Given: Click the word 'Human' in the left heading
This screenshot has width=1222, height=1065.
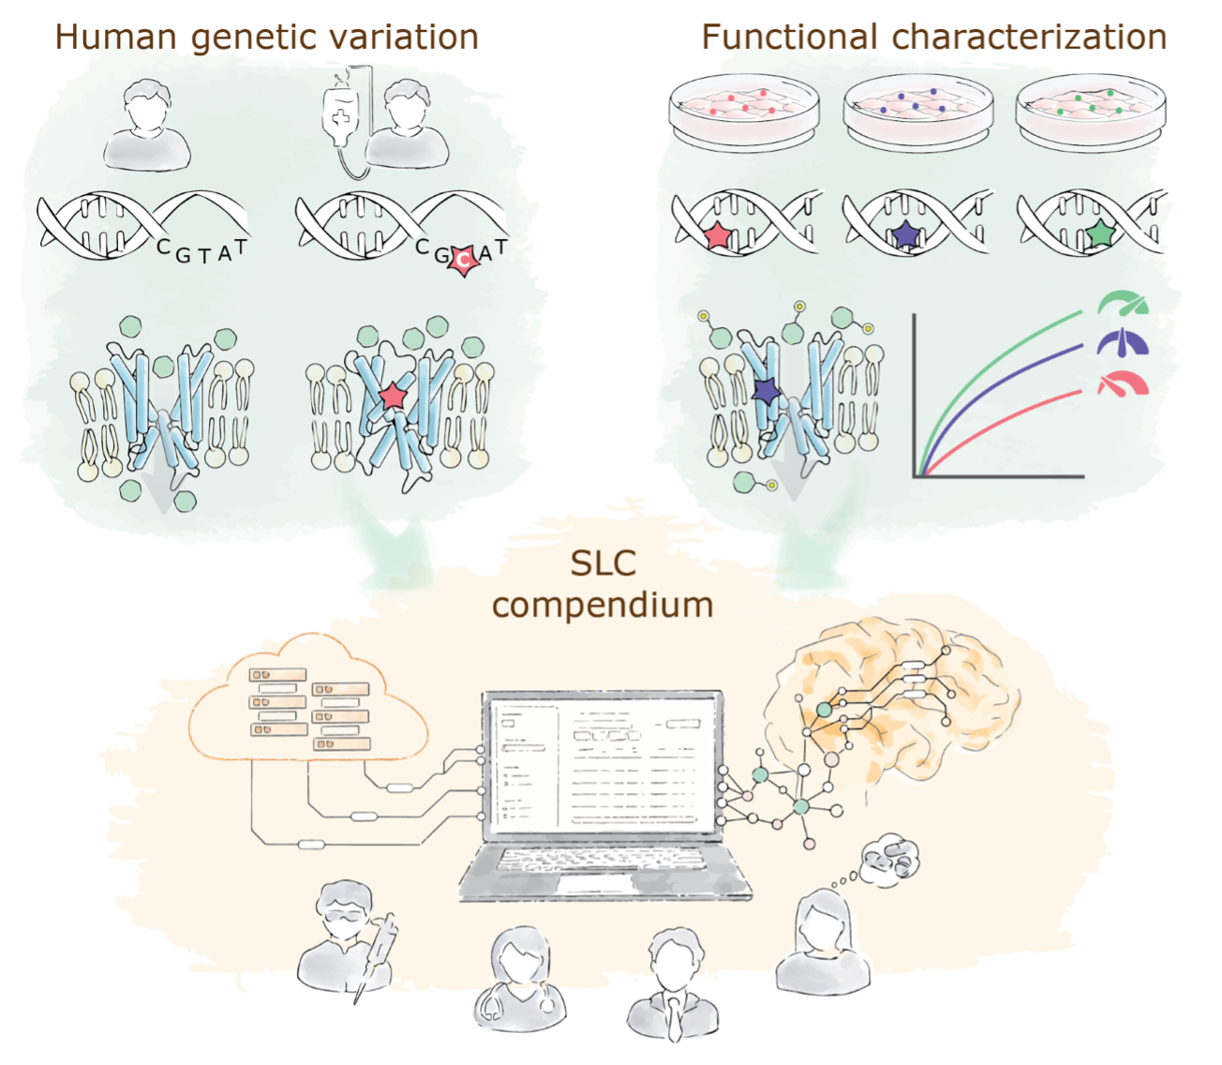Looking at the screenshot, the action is (115, 37).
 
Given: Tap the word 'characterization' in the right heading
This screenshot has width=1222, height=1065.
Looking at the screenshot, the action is (1029, 37).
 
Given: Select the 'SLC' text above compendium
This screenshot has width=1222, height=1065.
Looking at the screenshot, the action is (604, 562).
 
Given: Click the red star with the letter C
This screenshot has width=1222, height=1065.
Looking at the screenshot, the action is (462, 261).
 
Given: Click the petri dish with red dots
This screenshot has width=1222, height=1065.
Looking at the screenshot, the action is (744, 112).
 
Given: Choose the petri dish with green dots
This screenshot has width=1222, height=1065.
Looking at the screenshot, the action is (1091, 112).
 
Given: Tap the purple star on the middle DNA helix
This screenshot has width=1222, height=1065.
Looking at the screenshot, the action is (906, 234).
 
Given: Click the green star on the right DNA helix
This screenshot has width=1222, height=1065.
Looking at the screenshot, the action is (1100, 233).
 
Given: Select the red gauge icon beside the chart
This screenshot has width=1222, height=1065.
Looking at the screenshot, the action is (1123, 383).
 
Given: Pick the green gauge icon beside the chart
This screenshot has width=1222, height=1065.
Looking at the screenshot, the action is (1123, 303).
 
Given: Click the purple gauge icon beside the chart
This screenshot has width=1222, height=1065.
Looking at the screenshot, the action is (1123, 343).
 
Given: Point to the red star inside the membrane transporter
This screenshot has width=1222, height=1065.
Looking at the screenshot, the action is (393, 396).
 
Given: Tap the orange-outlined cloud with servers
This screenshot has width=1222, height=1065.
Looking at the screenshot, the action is (308, 698).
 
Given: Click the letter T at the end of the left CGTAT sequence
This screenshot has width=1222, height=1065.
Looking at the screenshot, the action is (240, 247).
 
